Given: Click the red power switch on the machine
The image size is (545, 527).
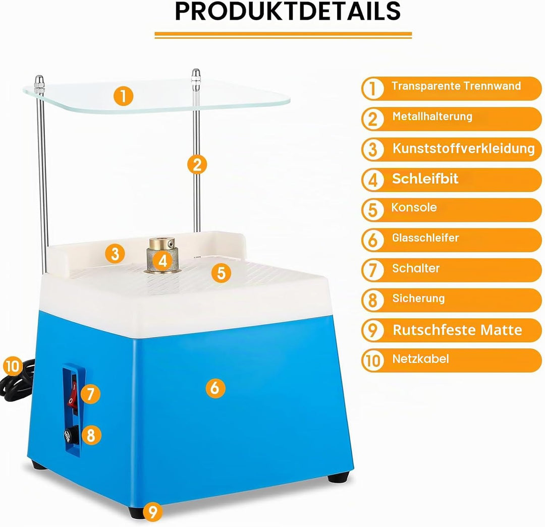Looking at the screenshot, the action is tap(73, 394).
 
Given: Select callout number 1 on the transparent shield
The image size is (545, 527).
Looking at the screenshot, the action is tap(124, 96).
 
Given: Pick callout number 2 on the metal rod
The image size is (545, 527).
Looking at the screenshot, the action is tap(197, 164).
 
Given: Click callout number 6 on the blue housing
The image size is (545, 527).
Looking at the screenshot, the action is tap(215, 388).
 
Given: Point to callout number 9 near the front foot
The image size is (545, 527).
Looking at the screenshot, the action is tap(152, 511).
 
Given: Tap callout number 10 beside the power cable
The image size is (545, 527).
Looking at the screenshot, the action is tap(13, 366).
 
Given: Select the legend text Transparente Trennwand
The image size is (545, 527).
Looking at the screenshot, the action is tap(456, 86).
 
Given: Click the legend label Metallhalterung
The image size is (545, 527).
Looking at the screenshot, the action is tap(432, 116).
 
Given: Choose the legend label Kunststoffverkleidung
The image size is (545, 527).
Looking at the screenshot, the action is tap(463, 148).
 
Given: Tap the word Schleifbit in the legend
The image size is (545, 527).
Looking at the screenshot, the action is tap(425, 179).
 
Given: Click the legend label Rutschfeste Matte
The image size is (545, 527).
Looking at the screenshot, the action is tap(457, 330).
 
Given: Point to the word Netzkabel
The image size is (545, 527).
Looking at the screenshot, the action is tap(420, 359).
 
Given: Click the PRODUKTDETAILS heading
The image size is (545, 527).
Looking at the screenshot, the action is tap(288, 11).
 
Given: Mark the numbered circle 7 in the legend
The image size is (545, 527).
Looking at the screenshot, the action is tap(372, 270).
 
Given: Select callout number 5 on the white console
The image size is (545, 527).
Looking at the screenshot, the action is tap(221, 273).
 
